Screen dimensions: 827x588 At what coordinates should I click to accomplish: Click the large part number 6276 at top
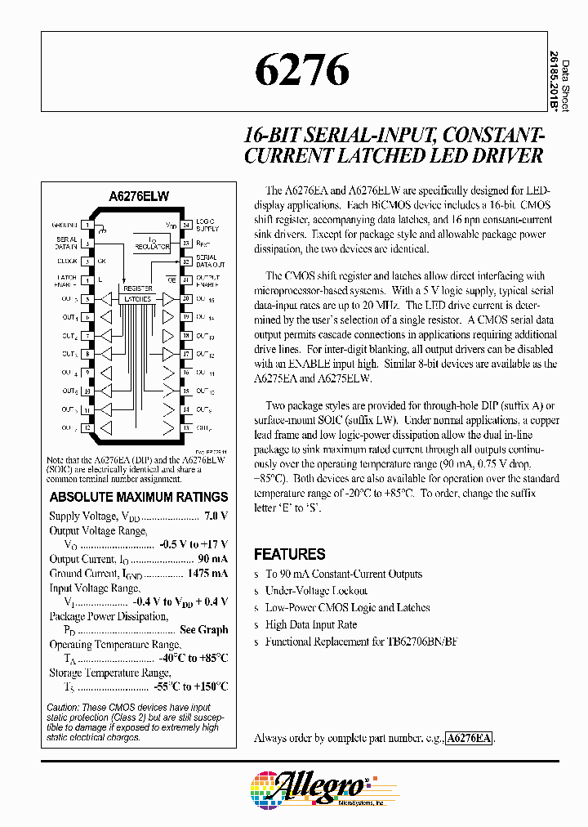pyautogui.click(x=301, y=71)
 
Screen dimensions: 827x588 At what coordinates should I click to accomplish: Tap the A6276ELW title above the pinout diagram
pyautogui.click(x=139, y=197)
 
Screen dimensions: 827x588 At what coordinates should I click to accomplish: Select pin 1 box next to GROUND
pyautogui.click(x=87, y=224)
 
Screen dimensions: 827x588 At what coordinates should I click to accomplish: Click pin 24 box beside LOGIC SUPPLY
pyautogui.click(x=186, y=224)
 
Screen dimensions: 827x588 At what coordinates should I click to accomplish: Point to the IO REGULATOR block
pyautogui.click(x=152, y=244)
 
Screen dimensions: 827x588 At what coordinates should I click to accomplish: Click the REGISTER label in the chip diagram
pyautogui.click(x=138, y=289)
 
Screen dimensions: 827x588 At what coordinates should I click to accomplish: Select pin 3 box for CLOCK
pyautogui.click(x=87, y=262)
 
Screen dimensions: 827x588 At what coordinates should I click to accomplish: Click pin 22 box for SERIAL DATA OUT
pyautogui.click(x=186, y=262)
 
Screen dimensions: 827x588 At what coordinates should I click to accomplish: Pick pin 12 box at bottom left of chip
pyautogui.click(x=87, y=427)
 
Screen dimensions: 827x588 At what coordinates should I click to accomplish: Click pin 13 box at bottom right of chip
pyautogui.click(x=186, y=427)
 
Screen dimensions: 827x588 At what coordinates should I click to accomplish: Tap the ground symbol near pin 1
pyautogui.click(x=102, y=230)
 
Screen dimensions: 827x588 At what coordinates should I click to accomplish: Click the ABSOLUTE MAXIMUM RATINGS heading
pyautogui.click(x=139, y=497)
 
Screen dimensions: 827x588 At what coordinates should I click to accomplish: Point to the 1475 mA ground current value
pyautogui.click(x=207, y=573)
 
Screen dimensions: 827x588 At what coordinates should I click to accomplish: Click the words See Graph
pyautogui.click(x=203, y=629)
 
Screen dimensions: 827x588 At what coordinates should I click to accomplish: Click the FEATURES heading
pyautogui.click(x=289, y=554)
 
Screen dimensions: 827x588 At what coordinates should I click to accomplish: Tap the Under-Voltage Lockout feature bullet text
pyautogui.click(x=316, y=590)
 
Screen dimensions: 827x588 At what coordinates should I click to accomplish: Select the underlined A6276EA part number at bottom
pyautogui.click(x=470, y=738)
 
